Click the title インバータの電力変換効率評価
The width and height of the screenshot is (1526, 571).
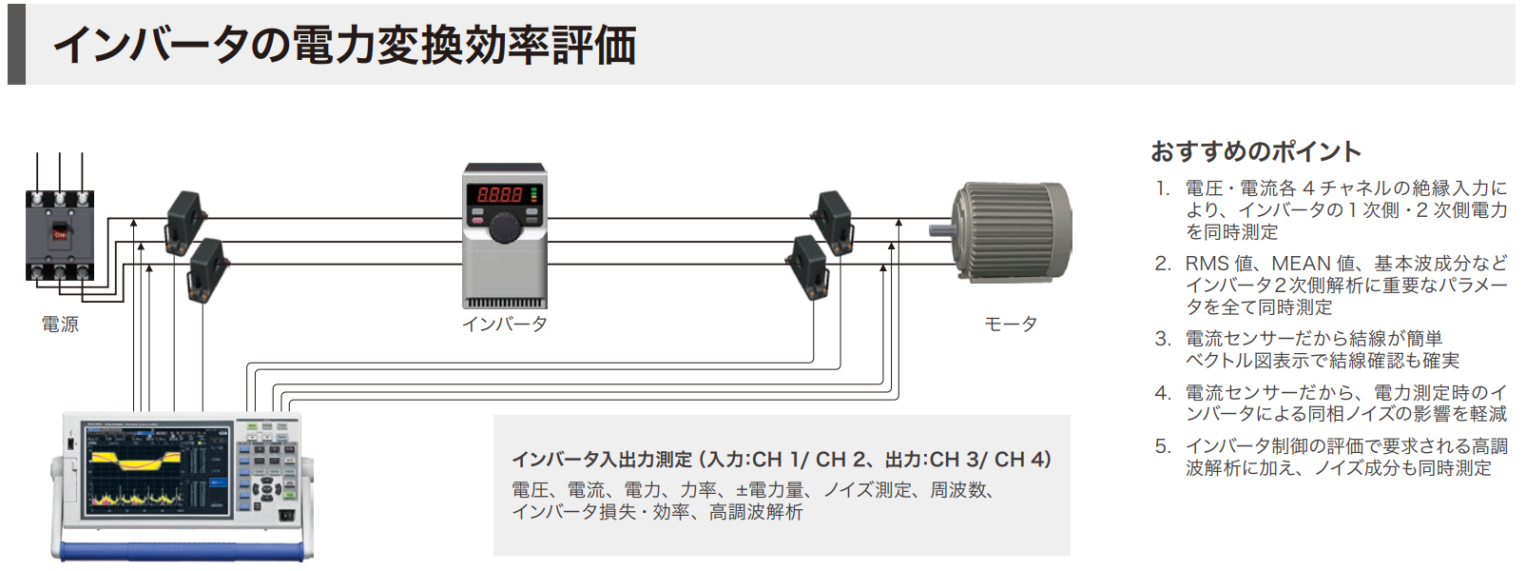click(344, 45)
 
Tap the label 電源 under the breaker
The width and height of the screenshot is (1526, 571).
click(60, 325)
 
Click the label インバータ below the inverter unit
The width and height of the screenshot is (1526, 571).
click(504, 325)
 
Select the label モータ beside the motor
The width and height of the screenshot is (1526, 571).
click(1010, 325)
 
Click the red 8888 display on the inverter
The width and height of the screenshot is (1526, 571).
click(499, 194)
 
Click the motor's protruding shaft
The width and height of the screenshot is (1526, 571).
click(940, 229)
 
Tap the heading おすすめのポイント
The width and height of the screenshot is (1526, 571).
click(1255, 151)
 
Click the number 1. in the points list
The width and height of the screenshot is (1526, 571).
click(1162, 188)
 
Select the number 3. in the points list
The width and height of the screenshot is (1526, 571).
click(1162, 339)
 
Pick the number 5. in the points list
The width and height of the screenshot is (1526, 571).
click(1162, 446)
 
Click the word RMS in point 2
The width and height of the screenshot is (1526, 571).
click(1206, 264)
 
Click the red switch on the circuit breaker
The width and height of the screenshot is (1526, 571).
click(59, 233)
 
